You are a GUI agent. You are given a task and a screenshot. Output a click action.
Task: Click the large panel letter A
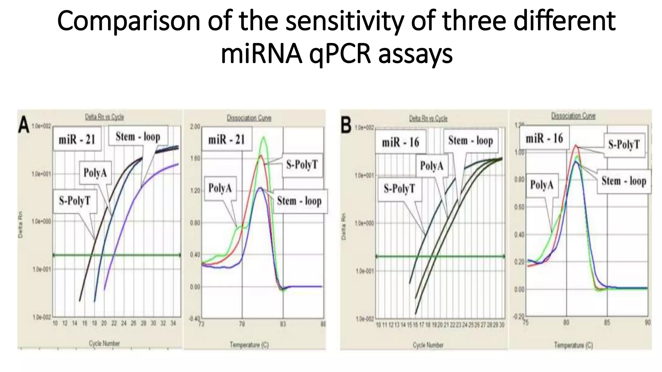pyautogui.click(x=24, y=125)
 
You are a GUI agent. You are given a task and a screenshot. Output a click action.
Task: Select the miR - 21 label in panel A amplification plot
pyautogui.click(x=77, y=139)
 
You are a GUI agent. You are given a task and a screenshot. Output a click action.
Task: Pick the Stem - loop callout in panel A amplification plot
pyautogui.click(x=138, y=136)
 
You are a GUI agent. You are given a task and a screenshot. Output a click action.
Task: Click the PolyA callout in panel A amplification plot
pyautogui.click(x=95, y=173)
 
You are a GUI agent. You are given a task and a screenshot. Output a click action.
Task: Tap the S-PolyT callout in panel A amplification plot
pyautogui.click(x=75, y=201)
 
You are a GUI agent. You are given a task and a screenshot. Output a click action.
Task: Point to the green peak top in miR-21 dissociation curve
pyautogui.click(x=264, y=137)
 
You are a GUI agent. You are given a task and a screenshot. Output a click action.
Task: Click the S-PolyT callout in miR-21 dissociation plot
pyautogui.click(x=302, y=165)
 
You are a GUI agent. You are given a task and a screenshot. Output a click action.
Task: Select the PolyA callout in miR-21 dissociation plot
pyautogui.click(x=220, y=188)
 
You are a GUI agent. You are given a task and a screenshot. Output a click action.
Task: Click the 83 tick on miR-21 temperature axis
pyautogui.click(x=283, y=324)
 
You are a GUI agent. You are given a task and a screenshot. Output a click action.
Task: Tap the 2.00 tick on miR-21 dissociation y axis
pyautogui.click(x=195, y=127)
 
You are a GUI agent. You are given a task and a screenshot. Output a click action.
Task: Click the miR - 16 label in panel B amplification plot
pyautogui.click(x=400, y=142)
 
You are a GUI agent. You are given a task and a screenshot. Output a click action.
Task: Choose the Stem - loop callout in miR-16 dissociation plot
pyautogui.click(x=624, y=181)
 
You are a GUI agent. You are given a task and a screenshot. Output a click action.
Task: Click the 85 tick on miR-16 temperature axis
pyautogui.click(x=607, y=322)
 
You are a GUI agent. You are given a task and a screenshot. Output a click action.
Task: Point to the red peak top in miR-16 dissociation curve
pyautogui.click(x=575, y=145)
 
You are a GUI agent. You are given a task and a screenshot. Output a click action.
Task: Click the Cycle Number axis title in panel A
pyautogui.click(x=104, y=343)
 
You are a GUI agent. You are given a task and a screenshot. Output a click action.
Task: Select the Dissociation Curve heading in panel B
pyautogui.click(x=573, y=116)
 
